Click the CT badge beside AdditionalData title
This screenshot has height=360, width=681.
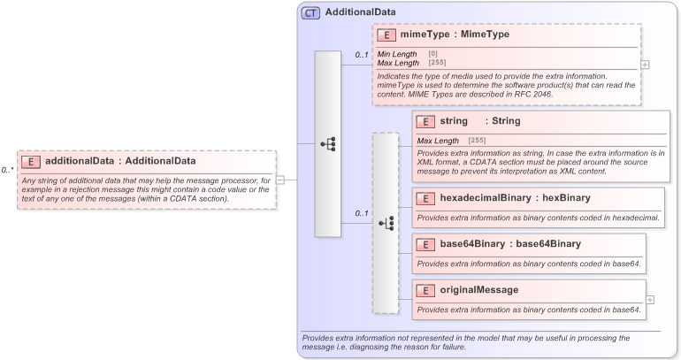point(310,12)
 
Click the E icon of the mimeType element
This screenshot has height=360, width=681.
point(386,35)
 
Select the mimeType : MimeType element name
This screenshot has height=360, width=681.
point(455,35)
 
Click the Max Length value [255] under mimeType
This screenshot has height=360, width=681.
point(437,63)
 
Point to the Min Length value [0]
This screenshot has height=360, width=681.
point(432,55)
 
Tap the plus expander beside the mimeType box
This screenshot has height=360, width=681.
point(645,65)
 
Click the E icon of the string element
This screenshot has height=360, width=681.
point(425,121)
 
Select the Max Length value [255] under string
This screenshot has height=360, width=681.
point(477,141)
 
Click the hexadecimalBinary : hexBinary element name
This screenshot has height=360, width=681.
point(502,198)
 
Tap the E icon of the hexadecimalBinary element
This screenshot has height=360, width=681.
point(425,198)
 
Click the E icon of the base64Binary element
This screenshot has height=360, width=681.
point(425,244)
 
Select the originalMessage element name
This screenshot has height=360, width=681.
point(479,290)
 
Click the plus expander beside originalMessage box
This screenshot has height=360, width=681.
point(650,300)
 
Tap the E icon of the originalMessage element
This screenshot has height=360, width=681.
point(425,290)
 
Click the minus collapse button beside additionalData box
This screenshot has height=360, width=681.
point(280,180)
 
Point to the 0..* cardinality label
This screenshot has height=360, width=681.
point(7,170)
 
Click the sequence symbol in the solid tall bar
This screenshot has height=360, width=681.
point(327,143)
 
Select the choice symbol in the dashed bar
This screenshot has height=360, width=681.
point(386,224)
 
